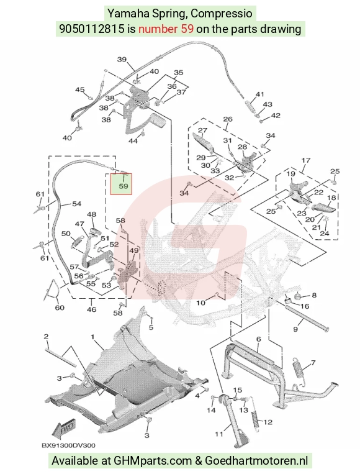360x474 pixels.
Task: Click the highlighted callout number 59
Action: [124, 186]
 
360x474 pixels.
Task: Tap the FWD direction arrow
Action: [64, 428]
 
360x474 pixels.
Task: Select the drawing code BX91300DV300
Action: [68, 445]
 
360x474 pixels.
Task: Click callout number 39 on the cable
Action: [122, 60]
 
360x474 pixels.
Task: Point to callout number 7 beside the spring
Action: [313, 362]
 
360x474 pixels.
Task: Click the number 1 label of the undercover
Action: [92, 337]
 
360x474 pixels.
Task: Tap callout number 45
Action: [79, 90]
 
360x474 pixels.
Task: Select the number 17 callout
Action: [306, 160]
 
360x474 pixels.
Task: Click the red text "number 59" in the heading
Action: [166, 29]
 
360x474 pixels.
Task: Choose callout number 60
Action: [60, 308]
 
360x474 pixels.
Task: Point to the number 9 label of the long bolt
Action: [295, 329]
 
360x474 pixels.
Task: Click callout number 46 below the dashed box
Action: [91, 309]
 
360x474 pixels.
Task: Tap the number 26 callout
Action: [227, 119]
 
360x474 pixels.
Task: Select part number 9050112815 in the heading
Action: [91, 29]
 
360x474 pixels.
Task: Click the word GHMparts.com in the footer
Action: [152, 461]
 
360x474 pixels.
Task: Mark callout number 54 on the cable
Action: [77, 204]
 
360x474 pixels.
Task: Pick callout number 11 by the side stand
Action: [219, 434]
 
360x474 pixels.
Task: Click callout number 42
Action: [276, 116]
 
